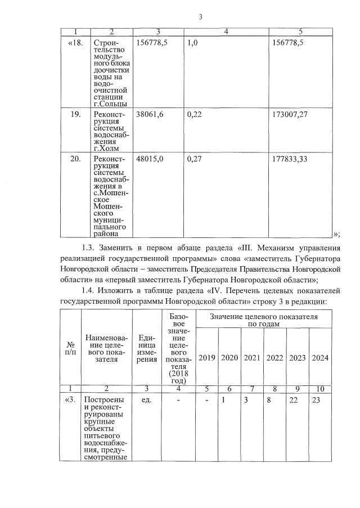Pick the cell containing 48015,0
pyautogui.click(x=150, y=159)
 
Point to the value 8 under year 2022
pyautogui.click(x=274, y=401)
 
